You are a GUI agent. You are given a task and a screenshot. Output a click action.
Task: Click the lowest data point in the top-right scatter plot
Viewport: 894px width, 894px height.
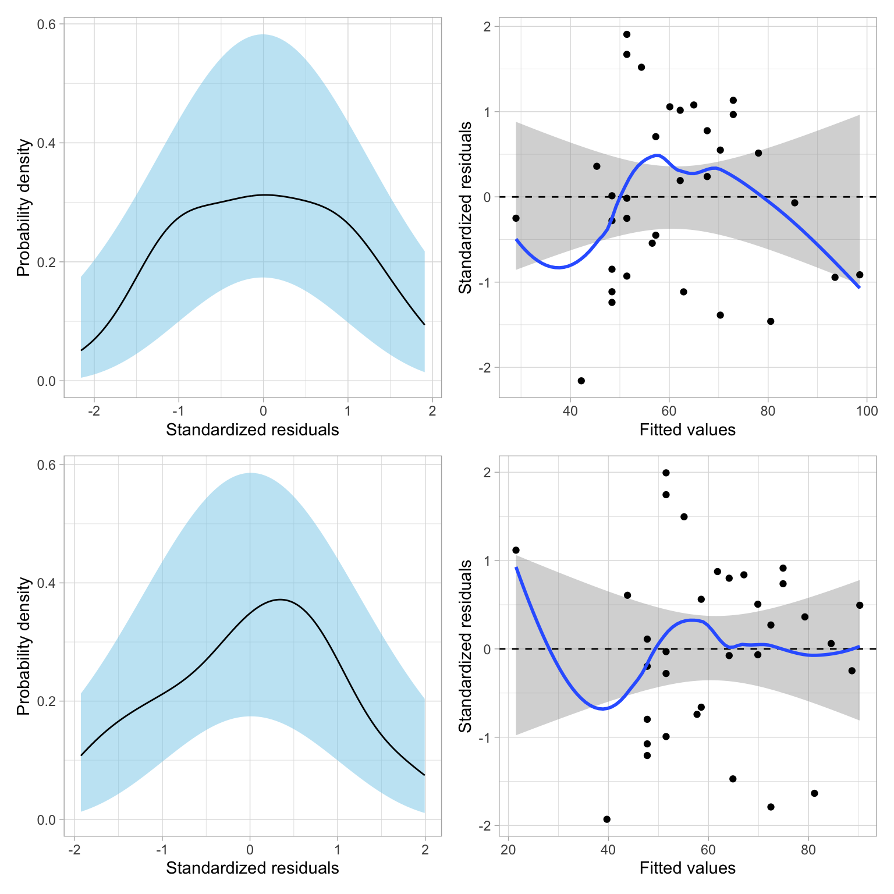581,381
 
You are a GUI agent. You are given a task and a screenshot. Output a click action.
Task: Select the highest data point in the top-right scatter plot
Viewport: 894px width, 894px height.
627,34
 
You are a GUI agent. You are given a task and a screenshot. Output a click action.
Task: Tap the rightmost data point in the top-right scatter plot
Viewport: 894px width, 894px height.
860,275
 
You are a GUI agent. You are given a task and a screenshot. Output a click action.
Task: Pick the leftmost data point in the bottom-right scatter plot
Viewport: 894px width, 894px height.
516,550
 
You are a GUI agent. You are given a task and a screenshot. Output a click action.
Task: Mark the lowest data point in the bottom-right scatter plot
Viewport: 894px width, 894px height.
606,819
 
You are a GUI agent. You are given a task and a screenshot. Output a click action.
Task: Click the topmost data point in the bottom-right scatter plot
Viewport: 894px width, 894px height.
666,473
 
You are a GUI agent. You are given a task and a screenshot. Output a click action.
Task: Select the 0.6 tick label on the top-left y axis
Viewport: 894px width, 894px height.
47,24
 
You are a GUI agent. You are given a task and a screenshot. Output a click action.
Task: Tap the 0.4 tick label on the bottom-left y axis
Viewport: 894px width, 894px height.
47,583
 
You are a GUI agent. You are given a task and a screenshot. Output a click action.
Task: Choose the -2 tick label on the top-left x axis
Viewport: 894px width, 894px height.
94,411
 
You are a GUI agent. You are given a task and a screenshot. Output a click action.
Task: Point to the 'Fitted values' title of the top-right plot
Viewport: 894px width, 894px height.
687,430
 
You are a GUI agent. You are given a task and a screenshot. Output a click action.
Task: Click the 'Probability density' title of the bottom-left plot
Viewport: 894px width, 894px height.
23,646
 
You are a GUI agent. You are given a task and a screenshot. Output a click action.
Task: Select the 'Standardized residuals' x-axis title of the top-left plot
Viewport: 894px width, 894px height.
252,430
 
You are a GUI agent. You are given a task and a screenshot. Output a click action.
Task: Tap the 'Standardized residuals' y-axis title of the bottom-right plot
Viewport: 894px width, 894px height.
465,646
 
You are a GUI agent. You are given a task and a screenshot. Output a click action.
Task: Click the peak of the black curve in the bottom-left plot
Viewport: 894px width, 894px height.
280,599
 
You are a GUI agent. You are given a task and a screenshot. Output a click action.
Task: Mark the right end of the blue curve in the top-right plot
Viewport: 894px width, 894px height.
859,287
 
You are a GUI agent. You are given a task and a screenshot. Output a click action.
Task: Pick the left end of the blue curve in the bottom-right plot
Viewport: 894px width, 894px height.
516,567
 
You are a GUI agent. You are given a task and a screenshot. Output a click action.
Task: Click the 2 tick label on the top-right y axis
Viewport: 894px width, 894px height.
487,27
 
